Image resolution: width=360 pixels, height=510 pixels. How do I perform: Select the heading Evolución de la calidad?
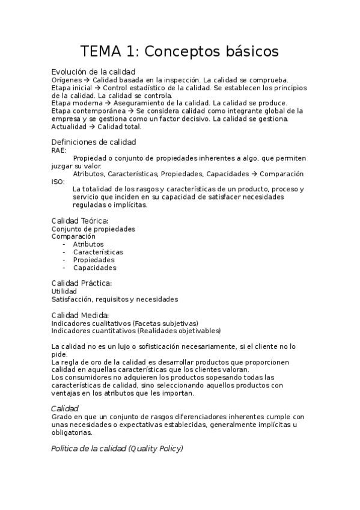point(93,72)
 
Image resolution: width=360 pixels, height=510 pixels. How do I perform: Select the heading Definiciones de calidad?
point(94,142)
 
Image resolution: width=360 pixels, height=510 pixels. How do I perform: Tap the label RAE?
point(59,150)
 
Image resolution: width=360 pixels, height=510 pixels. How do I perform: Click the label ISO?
point(58,182)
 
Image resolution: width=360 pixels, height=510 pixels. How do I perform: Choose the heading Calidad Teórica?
point(80,221)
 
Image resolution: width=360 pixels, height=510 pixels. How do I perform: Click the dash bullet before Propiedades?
point(64,260)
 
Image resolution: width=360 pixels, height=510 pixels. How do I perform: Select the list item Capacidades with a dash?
point(94,268)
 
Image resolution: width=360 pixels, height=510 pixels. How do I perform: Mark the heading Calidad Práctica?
point(82,283)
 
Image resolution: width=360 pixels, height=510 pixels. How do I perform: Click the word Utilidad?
point(64,291)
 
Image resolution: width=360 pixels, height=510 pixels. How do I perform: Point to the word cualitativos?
point(109,323)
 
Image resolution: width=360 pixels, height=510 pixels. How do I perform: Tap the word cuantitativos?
point(112,331)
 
